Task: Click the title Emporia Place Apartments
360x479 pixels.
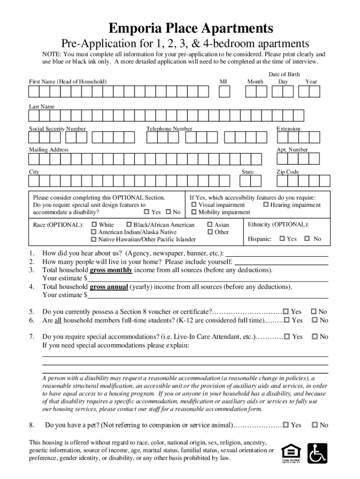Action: (180, 29)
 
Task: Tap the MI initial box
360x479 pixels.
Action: (224, 92)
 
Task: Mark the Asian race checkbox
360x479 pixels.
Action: (210, 225)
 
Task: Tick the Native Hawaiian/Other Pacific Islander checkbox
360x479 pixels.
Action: (94, 239)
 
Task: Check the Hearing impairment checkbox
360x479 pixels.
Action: (266, 205)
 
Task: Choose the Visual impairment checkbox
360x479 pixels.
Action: (194, 205)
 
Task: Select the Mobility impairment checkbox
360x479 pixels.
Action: (194, 212)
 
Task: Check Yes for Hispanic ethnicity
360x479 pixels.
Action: (282, 239)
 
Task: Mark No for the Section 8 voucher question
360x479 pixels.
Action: (314, 312)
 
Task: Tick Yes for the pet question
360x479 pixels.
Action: (286, 425)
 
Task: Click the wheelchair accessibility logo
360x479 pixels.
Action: (317, 453)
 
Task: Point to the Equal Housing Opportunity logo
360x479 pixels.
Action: (291, 453)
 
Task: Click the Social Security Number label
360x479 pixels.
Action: (58, 129)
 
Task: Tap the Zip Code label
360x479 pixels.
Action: (288, 172)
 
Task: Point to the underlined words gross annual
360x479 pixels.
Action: (109, 287)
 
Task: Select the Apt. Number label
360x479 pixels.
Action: (292, 150)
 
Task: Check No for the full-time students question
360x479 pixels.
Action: (314, 320)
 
